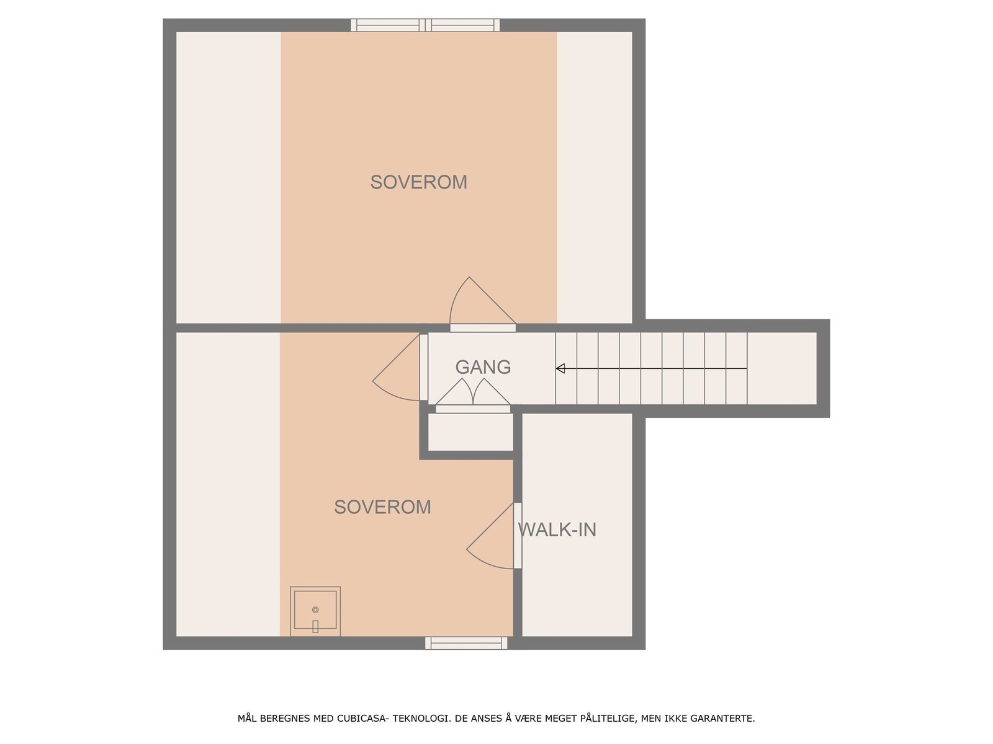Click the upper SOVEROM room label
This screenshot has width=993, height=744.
[418, 182]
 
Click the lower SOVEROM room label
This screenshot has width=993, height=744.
[382, 507]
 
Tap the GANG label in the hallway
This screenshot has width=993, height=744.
[483, 367]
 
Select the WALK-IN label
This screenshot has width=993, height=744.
[557, 530]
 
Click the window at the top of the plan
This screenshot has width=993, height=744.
[425, 25]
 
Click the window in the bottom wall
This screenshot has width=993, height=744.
[466, 643]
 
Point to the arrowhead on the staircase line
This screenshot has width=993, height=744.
[560, 369]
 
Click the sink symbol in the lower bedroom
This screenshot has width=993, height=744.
[315, 611]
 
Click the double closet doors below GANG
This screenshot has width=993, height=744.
[473, 393]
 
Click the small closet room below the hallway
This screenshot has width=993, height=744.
[470, 432]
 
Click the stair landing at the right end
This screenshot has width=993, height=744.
[782, 368]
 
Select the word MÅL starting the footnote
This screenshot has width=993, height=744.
[247, 719]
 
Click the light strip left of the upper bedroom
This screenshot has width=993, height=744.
[228, 177]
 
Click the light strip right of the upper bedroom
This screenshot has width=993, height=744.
[595, 177]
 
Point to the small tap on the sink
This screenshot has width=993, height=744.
[315, 626]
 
